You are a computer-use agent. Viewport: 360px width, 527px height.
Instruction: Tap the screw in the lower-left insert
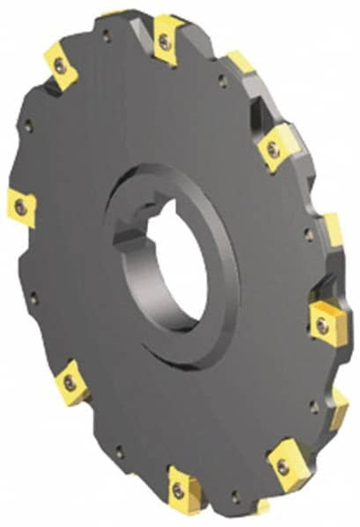click(x=70, y=384)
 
